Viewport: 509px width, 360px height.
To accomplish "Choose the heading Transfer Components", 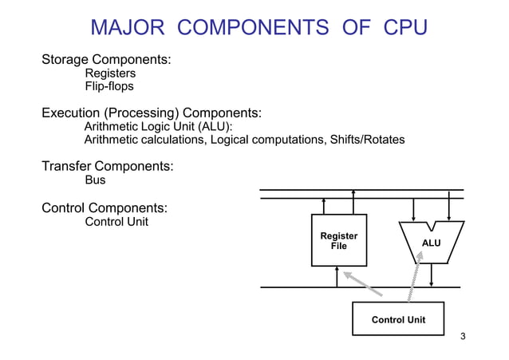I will point(108,167).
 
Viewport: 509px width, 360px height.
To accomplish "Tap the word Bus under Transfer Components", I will point(95,180).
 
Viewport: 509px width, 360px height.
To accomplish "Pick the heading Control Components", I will point(105,208).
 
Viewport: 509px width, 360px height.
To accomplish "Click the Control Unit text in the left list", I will point(116,221).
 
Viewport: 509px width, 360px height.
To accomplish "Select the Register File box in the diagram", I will point(338,240).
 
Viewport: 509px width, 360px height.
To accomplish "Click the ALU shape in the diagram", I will point(431,242).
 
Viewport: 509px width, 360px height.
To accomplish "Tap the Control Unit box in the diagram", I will point(398,319).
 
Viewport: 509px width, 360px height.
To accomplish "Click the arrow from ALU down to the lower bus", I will point(431,275).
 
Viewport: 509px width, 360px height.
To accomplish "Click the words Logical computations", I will point(261,140).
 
